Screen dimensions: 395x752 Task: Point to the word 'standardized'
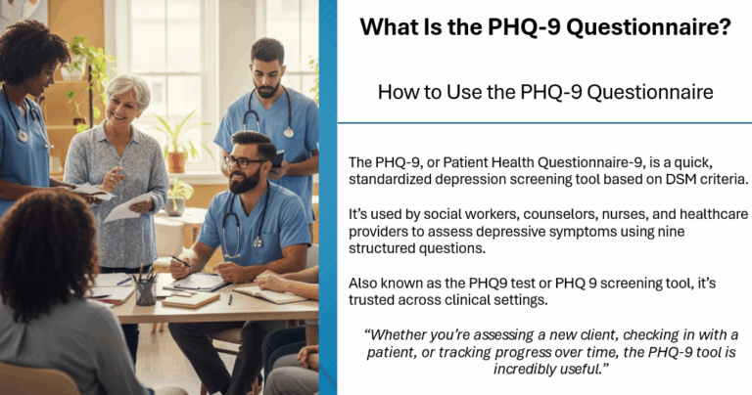coord(393,180)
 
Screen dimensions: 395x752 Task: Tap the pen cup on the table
coord(146,290)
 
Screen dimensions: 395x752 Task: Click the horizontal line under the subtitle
coord(544,123)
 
